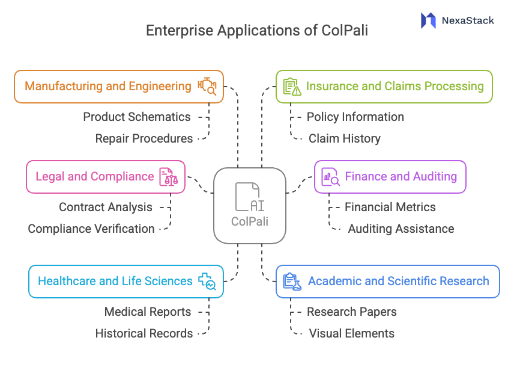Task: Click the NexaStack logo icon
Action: click(x=428, y=20)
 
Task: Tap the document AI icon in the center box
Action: click(x=249, y=197)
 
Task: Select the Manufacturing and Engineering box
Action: click(x=119, y=86)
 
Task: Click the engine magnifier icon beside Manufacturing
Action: click(x=207, y=86)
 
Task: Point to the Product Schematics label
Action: click(x=136, y=117)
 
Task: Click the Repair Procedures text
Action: click(x=144, y=138)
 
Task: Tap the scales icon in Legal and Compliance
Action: click(x=168, y=177)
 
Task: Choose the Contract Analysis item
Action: click(x=106, y=207)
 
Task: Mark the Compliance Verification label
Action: click(x=91, y=229)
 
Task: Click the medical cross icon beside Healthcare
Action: click(x=208, y=281)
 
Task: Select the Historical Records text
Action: click(x=144, y=333)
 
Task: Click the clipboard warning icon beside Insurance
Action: click(x=291, y=87)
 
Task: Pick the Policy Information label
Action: click(x=355, y=117)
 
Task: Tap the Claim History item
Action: click(x=345, y=138)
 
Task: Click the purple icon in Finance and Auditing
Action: click(x=330, y=177)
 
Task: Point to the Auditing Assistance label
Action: click(x=401, y=229)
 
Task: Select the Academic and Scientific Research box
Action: click(x=387, y=281)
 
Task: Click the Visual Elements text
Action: click(x=351, y=333)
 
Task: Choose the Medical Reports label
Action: click(x=148, y=312)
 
